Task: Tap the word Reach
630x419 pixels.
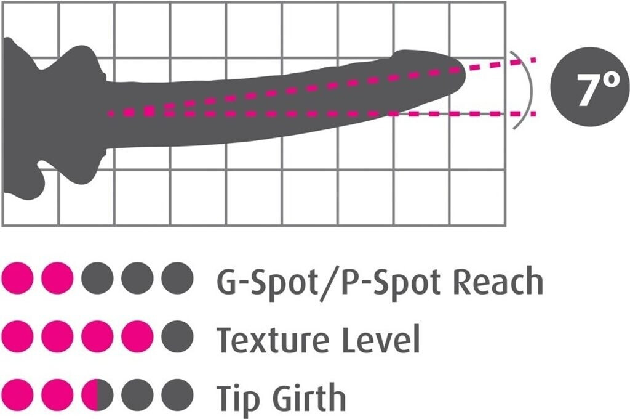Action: pyautogui.click(x=498, y=282)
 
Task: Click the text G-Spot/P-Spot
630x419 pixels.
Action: pyautogui.click(x=330, y=282)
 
